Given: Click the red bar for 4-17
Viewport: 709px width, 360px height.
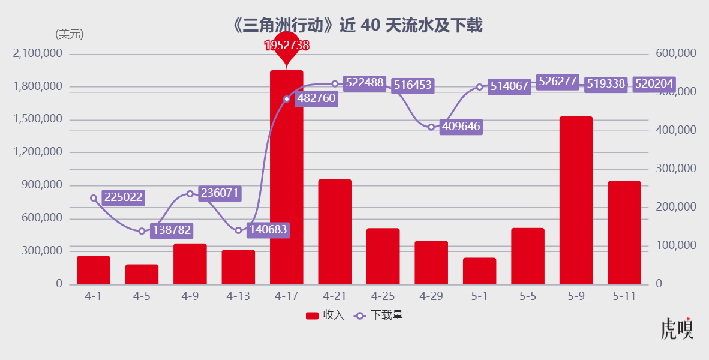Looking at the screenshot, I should pyautogui.click(x=286, y=177).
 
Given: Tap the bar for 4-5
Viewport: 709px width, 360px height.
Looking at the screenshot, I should pyautogui.click(x=142, y=274).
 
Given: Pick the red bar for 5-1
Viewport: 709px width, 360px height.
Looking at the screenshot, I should pyautogui.click(x=479, y=271).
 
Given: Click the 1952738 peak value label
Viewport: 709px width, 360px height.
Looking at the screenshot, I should pyautogui.click(x=287, y=45).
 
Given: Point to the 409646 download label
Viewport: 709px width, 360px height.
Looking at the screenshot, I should pyautogui.click(x=461, y=127).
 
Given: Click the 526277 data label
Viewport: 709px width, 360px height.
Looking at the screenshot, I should pyautogui.click(x=557, y=82).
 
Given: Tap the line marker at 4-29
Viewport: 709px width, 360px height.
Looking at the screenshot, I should pyautogui.click(x=431, y=127).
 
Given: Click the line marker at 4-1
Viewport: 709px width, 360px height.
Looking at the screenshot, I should pyautogui.click(x=94, y=198).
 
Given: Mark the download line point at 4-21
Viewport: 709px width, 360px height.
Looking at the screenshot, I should pyautogui.click(x=335, y=84).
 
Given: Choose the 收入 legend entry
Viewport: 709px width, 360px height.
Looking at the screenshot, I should pyautogui.click(x=325, y=316).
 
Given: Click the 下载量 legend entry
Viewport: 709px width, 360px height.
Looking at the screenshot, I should pyautogui.click(x=378, y=316).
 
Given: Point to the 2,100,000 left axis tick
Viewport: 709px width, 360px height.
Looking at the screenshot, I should pyautogui.click(x=37, y=53).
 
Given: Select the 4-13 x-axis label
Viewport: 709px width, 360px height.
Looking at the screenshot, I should pyautogui.click(x=238, y=296).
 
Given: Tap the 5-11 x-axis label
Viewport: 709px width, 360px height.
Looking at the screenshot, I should pyautogui.click(x=624, y=296).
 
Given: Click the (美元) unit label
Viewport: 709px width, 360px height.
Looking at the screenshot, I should pyautogui.click(x=69, y=34).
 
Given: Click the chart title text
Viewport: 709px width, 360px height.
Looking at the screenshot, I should pyautogui.click(x=357, y=25).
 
